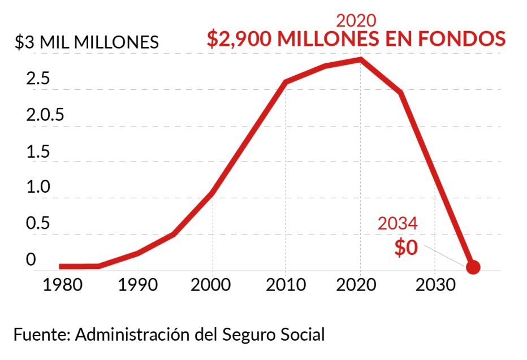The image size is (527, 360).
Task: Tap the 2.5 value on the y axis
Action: (37, 79)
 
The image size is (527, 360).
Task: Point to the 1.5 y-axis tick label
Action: (37, 152)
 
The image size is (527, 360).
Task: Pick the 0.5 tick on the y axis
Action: (37, 224)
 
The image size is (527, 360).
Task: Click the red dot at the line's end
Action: (474, 267)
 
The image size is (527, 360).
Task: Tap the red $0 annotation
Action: (406, 248)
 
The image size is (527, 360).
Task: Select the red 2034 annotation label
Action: (398, 224)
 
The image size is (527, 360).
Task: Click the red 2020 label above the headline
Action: (356, 20)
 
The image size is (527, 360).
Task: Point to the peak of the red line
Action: (360, 59)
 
